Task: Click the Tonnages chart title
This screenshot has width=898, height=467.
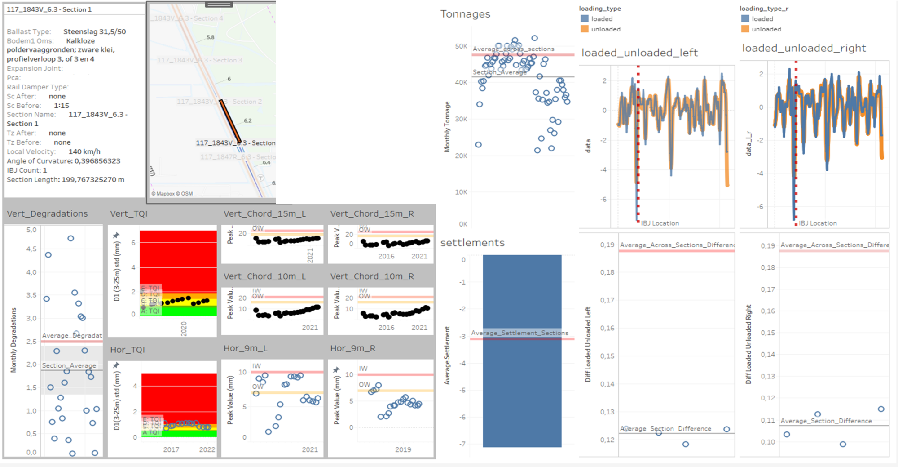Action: click(x=465, y=14)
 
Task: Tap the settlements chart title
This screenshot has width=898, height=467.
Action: click(x=472, y=243)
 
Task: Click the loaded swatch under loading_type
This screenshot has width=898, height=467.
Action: click(x=584, y=19)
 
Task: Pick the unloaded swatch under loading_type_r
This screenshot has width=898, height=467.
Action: click(x=745, y=29)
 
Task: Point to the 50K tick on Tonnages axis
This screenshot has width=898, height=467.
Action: click(x=461, y=46)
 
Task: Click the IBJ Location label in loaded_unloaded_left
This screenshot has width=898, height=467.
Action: click(x=660, y=223)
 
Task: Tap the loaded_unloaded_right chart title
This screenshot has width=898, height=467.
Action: click(x=804, y=48)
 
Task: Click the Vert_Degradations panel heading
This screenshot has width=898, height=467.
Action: click(x=47, y=214)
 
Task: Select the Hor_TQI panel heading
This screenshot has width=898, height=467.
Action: click(x=128, y=350)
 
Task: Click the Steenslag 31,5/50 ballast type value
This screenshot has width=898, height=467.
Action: click(x=94, y=31)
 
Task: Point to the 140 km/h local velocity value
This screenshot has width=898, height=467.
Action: click(x=84, y=151)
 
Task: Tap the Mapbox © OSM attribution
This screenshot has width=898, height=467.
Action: click(x=172, y=194)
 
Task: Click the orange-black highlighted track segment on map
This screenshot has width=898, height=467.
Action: click(x=230, y=120)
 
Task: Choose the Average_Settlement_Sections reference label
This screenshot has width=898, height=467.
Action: click(x=519, y=333)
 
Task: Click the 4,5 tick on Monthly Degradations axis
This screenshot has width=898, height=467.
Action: click(x=31, y=249)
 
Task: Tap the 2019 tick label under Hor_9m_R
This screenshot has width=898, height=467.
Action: click(x=403, y=449)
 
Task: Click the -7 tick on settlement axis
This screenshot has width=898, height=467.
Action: click(x=462, y=444)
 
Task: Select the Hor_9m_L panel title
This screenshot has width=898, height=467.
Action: click(x=245, y=348)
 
